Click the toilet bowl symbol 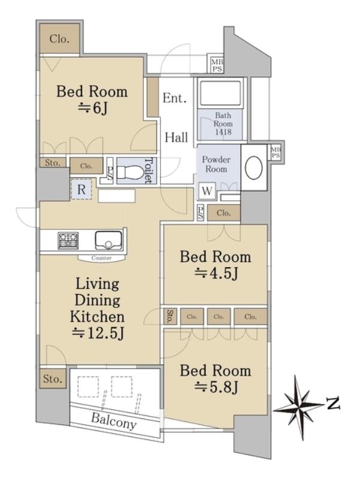pyautogui.click(x=131, y=173)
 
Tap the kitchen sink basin pyautogui.click(x=108, y=240)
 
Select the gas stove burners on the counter pyautogui.click(x=68, y=240)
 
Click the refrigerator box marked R pyautogui.click(x=81, y=190)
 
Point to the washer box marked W pyautogui.click(x=207, y=191)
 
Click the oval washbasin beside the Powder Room pyautogui.click(x=254, y=167)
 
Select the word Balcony pyautogui.click(x=113, y=421)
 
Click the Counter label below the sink pyautogui.click(x=101, y=258)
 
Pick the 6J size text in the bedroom pyautogui.click(x=93, y=108)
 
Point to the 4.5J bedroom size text pyautogui.click(x=216, y=273)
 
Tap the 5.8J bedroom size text pyautogui.click(x=216, y=387)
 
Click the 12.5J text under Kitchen pyautogui.click(x=98, y=333)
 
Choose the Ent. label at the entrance pyautogui.click(x=175, y=98)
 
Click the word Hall pyautogui.click(x=176, y=137)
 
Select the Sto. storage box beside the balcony pyautogui.click(x=53, y=379)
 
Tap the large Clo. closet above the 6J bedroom pyautogui.click(x=59, y=39)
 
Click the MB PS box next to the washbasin pyautogui.click(x=276, y=152)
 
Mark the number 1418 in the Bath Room pyautogui.click(x=223, y=132)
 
